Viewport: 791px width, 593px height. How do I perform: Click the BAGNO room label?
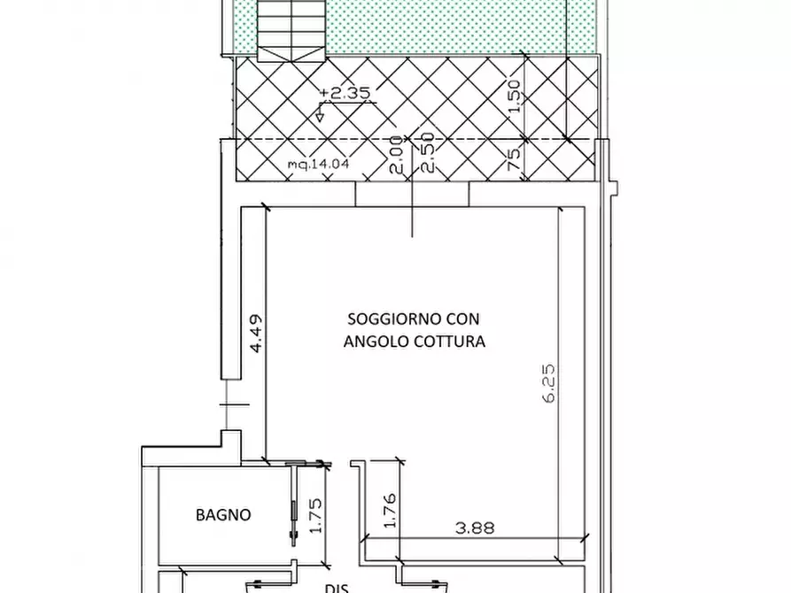tap(223, 514)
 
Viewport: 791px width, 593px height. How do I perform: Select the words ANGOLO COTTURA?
tap(414, 342)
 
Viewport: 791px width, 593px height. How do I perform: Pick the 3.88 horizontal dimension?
tap(475, 528)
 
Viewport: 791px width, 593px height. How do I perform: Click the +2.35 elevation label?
tap(345, 92)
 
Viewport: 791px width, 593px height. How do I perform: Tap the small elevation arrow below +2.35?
tap(321, 112)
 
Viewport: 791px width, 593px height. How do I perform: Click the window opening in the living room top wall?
tap(412, 194)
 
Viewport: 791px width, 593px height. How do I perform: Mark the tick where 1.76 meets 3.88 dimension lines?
tap(398, 539)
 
